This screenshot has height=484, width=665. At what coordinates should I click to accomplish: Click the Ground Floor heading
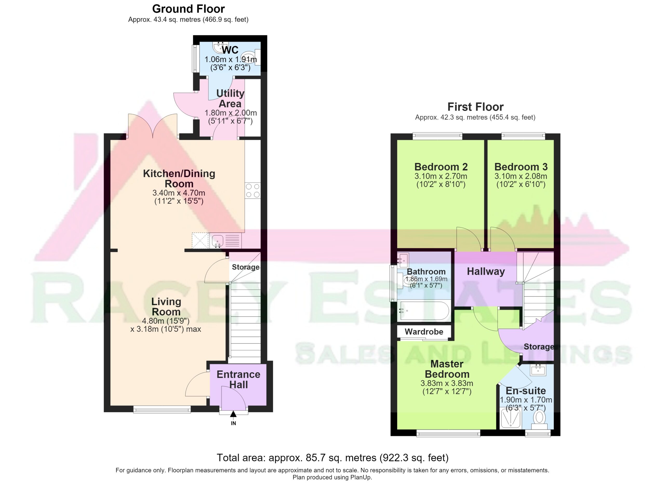(188, 9)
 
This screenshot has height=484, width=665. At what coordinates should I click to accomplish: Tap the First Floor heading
(475, 107)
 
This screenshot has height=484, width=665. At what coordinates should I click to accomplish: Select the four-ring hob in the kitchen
(252, 190)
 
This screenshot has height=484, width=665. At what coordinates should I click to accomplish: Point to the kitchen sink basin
(217, 240)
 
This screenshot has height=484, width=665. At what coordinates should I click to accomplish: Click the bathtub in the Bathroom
(423, 310)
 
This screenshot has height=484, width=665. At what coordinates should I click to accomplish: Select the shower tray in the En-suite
(510, 418)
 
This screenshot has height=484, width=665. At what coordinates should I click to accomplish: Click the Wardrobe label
(424, 332)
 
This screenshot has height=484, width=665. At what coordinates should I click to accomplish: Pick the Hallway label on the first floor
(486, 271)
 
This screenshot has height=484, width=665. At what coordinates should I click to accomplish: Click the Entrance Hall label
(238, 379)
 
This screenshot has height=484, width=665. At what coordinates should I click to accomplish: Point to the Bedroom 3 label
(521, 167)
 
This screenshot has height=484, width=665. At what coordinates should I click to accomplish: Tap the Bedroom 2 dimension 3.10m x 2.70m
(441, 176)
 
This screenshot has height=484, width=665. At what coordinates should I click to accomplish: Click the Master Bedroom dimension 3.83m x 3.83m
(447, 383)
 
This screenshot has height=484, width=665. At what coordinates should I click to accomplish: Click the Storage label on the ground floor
(245, 267)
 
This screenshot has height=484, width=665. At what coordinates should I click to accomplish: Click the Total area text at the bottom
(332, 457)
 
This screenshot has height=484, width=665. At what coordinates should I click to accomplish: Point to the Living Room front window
(162, 409)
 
